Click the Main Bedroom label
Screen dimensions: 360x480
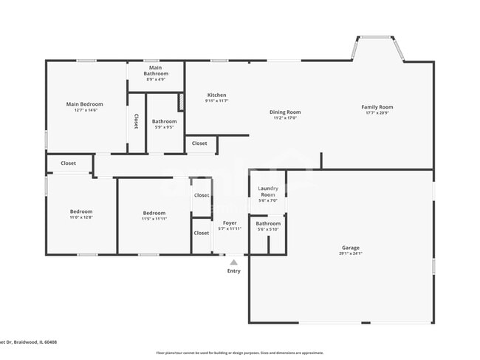pyautogui.click(x=84, y=104)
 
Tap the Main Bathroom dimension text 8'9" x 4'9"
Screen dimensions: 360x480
pyautogui.click(x=156, y=79)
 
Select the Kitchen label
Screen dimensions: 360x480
pyautogui.click(x=216, y=95)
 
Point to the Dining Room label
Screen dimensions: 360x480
pyautogui.click(x=284, y=112)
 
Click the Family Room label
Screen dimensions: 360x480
pyautogui.click(x=377, y=106)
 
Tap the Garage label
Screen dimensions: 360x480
pyautogui.click(x=350, y=248)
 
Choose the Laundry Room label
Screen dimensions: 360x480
pyautogui.click(x=267, y=191)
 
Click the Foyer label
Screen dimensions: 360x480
pyautogui.click(x=230, y=223)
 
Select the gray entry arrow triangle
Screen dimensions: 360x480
pyautogui.click(x=233, y=262)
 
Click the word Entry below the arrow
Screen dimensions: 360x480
pyautogui.click(x=233, y=271)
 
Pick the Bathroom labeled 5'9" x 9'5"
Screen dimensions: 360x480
pyautogui.click(x=164, y=121)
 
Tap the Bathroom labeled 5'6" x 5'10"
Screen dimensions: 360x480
pyautogui.click(x=267, y=223)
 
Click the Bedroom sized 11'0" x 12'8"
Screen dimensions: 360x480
pyautogui.click(x=80, y=211)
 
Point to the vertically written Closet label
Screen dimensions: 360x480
pyautogui.click(x=136, y=121)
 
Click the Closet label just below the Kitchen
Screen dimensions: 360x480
pyautogui.click(x=199, y=143)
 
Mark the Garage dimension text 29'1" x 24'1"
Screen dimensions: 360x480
pyautogui.click(x=350, y=254)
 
